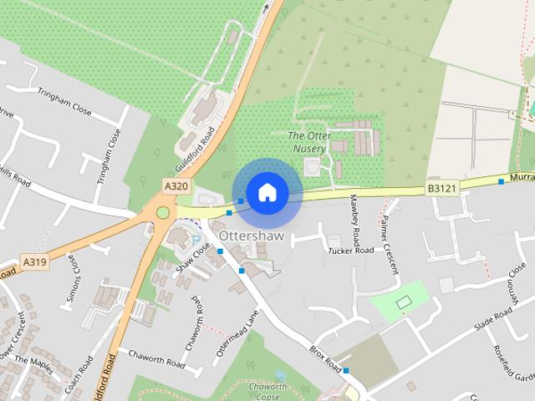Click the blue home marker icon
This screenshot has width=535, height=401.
click(x=267, y=192)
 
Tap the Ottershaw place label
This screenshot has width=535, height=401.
click(x=252, y=236)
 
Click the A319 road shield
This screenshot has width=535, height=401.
click(x=34, y=262)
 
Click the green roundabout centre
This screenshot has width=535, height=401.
click(x=163, y=212)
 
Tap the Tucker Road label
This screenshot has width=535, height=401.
click(x=350, y=251)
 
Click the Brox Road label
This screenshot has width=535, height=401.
click(x=325, y=358)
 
